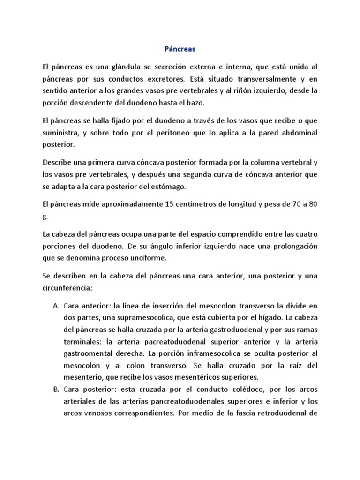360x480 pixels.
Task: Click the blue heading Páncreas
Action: pyautogui.click(x=180, y=48)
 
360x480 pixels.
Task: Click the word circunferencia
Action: pyautogui.click(x=68, y=287)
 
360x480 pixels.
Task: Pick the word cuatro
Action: pyautogui.click(x=307, y=233)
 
